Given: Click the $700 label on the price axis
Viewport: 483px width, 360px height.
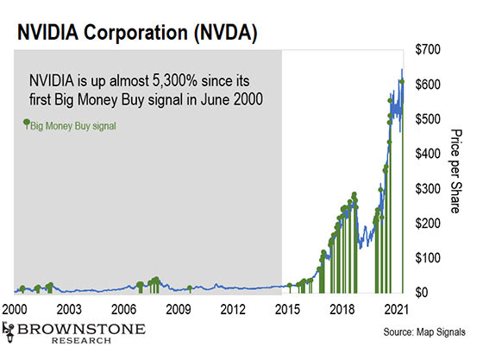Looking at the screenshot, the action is pos(428,49).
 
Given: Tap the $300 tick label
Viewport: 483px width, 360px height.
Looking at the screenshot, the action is pos(428,188).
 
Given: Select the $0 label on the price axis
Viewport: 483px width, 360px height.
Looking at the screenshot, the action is pos(422,292).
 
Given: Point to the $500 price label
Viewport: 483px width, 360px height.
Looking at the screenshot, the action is pos(428,119).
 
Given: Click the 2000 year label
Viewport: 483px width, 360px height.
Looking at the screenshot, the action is pos(15,309).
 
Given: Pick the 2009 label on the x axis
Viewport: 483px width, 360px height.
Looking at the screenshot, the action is pos(178,309).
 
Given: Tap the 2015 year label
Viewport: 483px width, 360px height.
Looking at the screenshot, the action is pos(287,309).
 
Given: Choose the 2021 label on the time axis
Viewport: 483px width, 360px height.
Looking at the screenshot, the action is pos(397,309).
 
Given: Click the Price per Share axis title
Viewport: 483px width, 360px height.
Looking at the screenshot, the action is pos(456,172).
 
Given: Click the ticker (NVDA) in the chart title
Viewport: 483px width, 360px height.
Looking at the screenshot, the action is pos(225,33).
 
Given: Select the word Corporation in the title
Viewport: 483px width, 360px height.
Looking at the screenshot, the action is pos(136,32).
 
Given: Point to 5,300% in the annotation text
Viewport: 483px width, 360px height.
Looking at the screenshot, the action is pos(174,81).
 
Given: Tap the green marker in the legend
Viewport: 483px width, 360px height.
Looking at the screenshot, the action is pos(27,123).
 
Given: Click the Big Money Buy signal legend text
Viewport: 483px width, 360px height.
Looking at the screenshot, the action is pos(73,126).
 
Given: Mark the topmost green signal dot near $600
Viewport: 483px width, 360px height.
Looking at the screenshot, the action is pos(402,81).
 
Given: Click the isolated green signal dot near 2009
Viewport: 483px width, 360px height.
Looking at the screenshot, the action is pos(190,287).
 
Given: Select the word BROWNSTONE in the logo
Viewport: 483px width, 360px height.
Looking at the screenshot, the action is pos(81,329).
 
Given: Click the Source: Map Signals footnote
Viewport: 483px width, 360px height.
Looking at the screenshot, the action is pos(424,332).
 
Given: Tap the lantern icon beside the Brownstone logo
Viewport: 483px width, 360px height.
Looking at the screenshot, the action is pos(9,332).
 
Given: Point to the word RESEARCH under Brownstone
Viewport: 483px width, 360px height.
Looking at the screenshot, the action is pos(81,341).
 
